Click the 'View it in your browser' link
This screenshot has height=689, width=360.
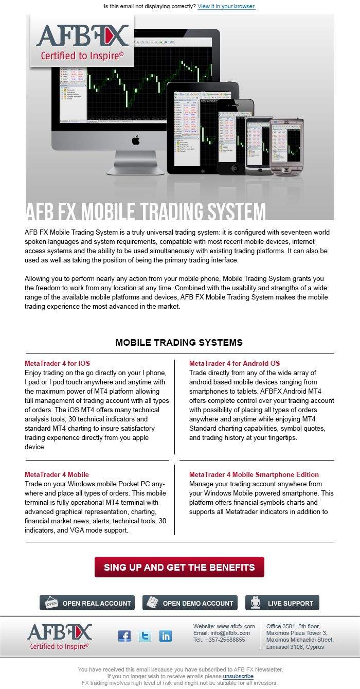(x=226, y=7)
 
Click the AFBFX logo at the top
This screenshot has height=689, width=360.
(x=82, y=41)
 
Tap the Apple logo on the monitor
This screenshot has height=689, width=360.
(x=136, y=140)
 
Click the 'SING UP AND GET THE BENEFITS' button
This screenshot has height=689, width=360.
(x=179, y=567)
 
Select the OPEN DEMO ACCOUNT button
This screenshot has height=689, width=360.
(x=190, y=603)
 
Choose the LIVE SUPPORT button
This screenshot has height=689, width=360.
(x=282, y=603)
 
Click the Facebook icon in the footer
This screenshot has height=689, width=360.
(x=124, y=635)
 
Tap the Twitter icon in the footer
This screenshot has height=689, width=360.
(x=145, y=635)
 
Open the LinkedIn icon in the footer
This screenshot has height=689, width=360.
(x=166, y=635)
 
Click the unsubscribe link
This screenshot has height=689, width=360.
(x=238, y=676)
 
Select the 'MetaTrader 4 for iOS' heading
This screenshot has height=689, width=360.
(x=57, y=363)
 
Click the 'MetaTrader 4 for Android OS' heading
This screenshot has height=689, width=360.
(x=234, y=363)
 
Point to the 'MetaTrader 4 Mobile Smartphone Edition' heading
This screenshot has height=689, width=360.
(x=254, y=474)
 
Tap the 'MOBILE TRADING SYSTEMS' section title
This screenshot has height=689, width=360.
(x=179, y=343)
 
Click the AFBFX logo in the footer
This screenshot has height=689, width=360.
(x=59, y=636)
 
